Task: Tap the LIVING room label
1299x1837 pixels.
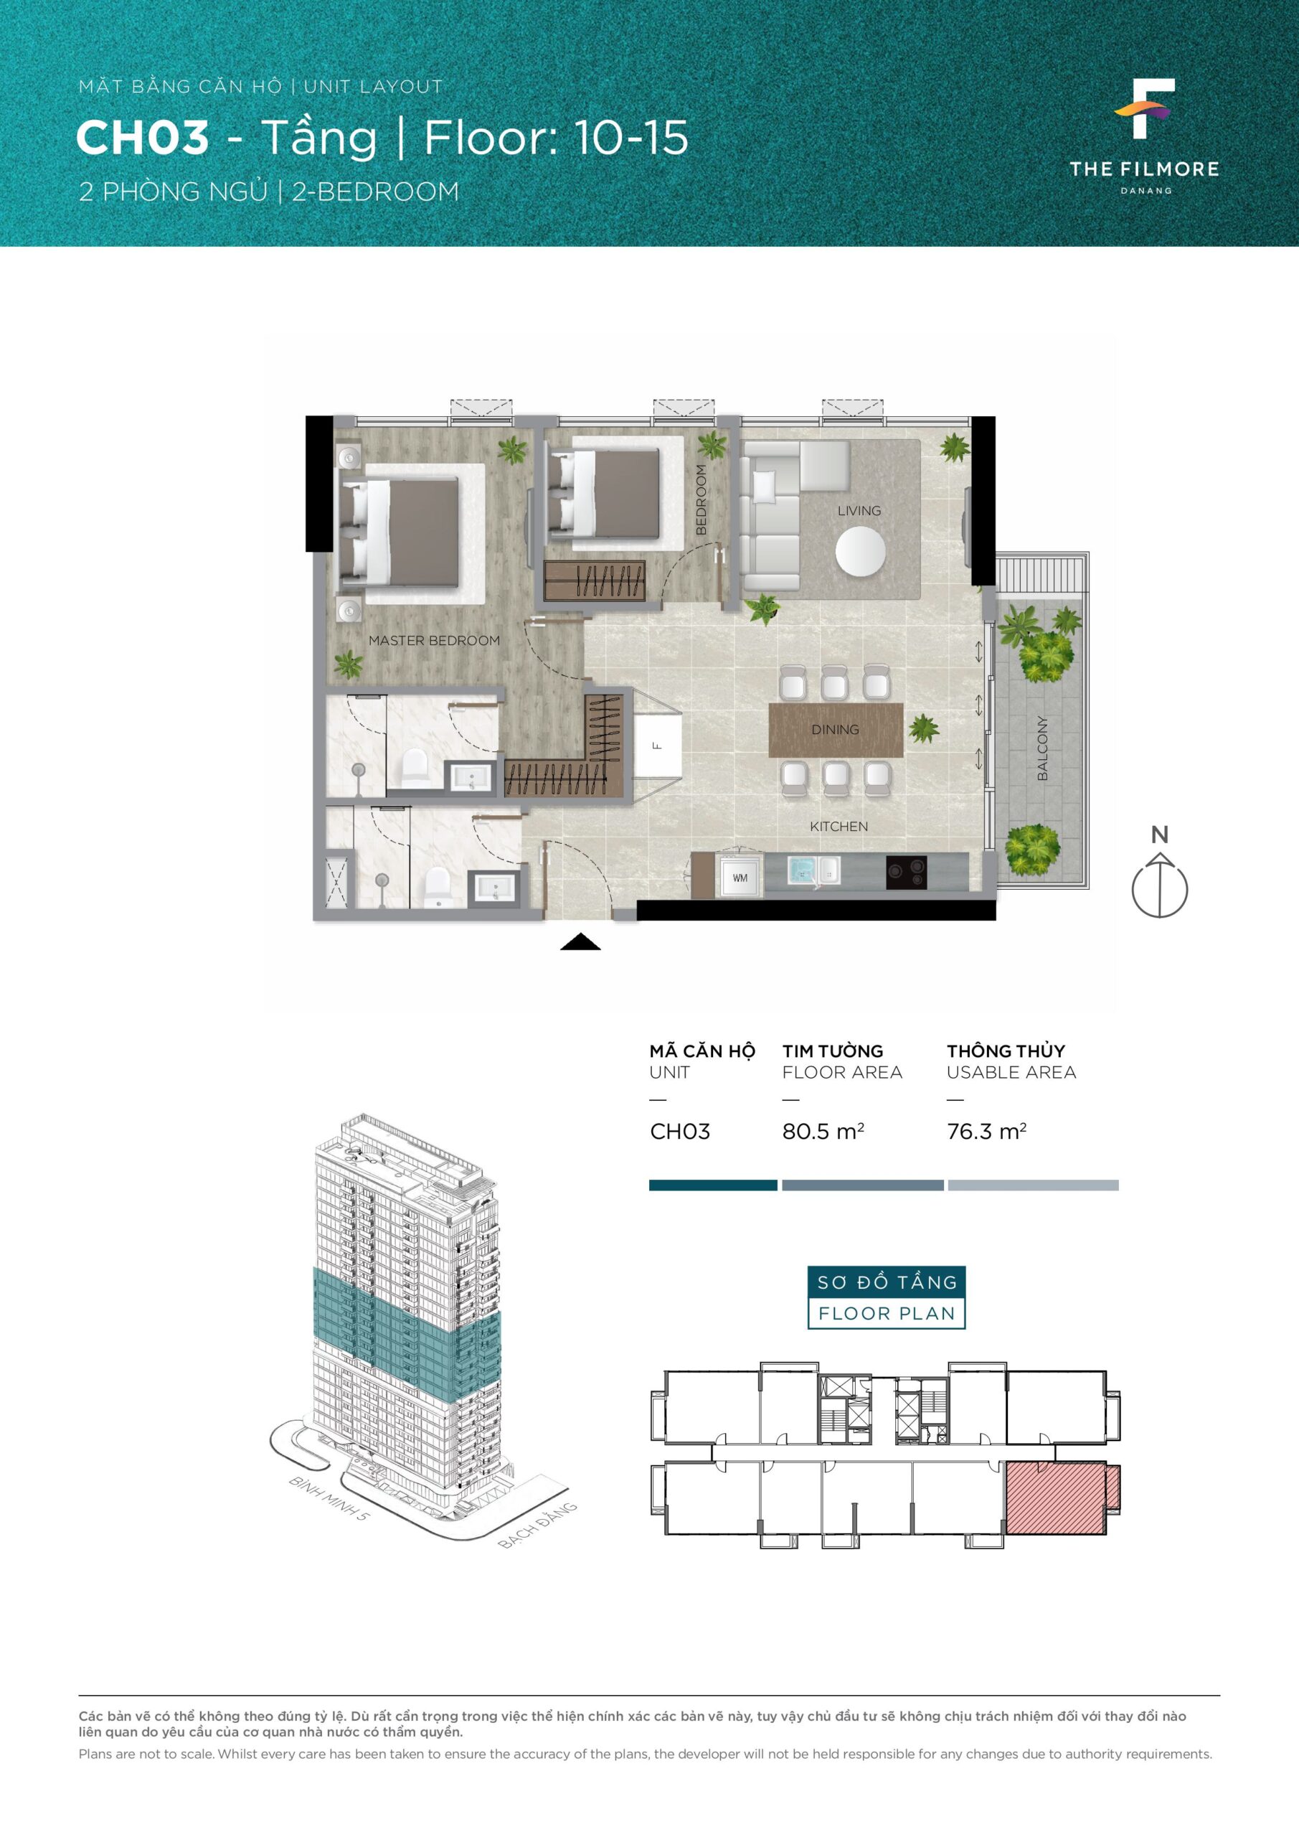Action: click(859, 510)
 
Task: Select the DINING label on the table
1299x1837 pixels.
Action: click(835, 730)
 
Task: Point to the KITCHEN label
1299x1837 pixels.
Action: click(839, 827)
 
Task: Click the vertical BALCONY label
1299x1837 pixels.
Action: click(1042, 748)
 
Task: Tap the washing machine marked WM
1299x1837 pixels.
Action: click(740, 878)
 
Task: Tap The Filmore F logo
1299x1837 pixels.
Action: click(1145, 108)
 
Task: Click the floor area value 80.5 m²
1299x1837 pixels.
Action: click(823, 1132)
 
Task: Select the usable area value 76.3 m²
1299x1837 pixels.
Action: click(986, 1132)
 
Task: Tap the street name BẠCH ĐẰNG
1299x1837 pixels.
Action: click(537, 1526)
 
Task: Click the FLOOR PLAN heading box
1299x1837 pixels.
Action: click(887, 1313)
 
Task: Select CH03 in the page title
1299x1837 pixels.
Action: click(142, 138)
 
